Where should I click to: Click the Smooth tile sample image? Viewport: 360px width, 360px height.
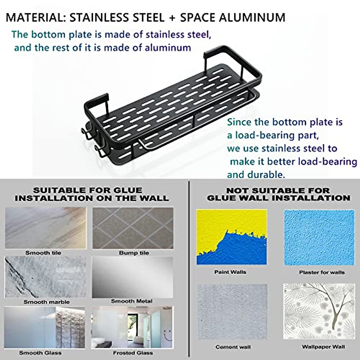point(46,228)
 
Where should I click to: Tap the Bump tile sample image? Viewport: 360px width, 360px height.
point(133,228)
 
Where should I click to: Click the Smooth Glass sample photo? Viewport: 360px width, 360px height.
point(44,327)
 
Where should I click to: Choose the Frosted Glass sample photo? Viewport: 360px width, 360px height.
point(132,327)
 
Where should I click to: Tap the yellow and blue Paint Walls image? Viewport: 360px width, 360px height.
point(231,237)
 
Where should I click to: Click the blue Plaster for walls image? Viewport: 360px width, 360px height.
point(319,237)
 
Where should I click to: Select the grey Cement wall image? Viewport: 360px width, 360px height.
point(232,312)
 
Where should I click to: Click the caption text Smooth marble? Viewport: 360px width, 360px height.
point(46,302)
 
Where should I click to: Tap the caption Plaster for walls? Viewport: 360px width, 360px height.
point(322,272)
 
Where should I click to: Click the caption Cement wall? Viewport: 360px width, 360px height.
point(233,347)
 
